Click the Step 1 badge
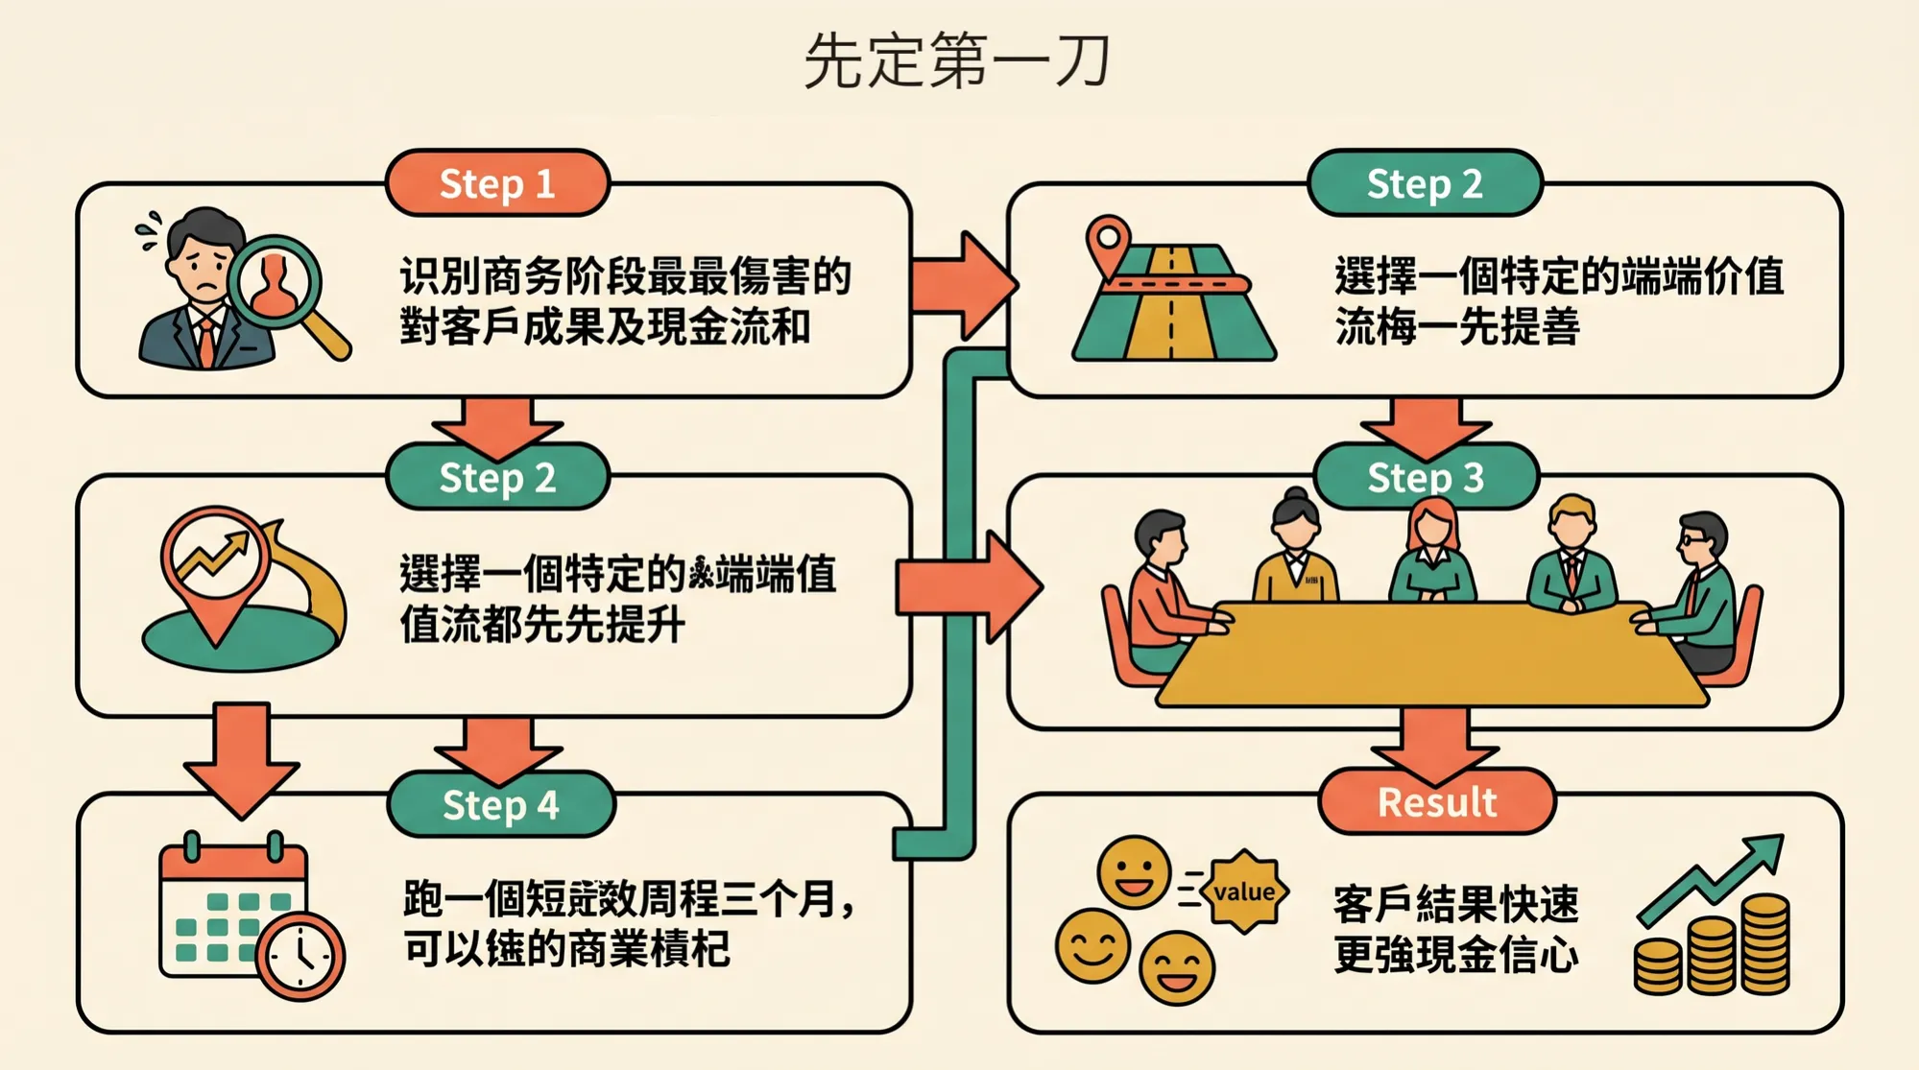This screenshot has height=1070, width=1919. click(x=497, y=183)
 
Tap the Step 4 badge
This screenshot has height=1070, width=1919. click(x=500, y=805)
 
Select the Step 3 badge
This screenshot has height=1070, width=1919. click(x=1426, y=477)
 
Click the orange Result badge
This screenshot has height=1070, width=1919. click(x=1436, y=801)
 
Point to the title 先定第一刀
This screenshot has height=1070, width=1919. click(x=957, y=61)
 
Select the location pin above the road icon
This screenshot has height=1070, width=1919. click(x=1108, y=241)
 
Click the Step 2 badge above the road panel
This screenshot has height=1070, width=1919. click(x=1425, y=183)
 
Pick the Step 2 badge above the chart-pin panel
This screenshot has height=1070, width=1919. click(x=497, y=477)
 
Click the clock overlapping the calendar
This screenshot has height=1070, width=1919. click(x=300, y=955)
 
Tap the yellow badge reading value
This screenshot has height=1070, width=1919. click(x=1244, y=892)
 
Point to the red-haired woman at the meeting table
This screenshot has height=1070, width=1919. click(x=1431, y=552)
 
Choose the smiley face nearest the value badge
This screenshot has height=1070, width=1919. click(x=1134, y=871)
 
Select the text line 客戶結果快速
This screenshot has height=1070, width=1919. click(x=1455, y=904)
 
